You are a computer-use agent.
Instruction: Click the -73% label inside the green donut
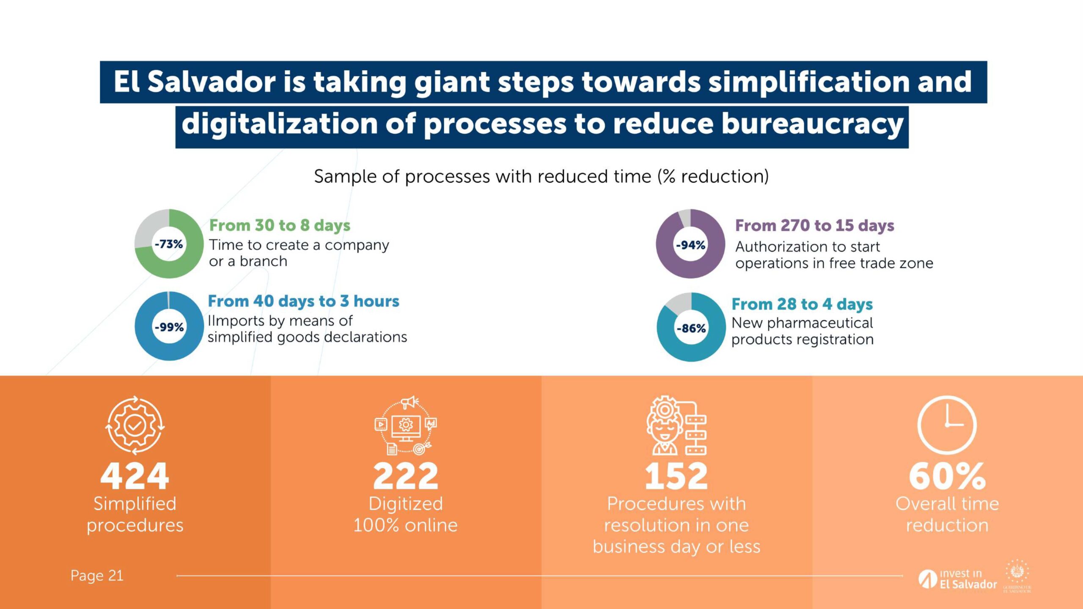pyautogui.click(x=169, y=244)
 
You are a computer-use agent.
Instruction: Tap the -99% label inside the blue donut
pyautogui.click(x=169, y=327)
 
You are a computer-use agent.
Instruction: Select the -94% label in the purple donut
pyautogui.click(x=690, y=245)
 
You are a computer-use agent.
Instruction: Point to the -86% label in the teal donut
pyautogui.click(x=691, y=328)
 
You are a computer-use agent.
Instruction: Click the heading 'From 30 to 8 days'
pyautogui.click(x=280, y=225)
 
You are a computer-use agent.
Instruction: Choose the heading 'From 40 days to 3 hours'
pyautogui.click(x=303, y=301)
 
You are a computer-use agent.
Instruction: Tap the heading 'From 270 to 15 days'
pyautogui.click(x=814, y=225)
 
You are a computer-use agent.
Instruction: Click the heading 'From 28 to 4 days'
pyautogui.click(x=802, y=304)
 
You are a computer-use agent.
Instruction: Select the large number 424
pyautogui.click(x=135, y=476)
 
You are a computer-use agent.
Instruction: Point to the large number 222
pyautogui.click(x=405, y=476)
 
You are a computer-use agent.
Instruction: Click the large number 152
pyautogui.click(x=676, y=476)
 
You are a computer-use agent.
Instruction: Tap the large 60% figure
pyautogui.click(x=947, y=476)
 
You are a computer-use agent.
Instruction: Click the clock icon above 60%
pyautogui.click(x=947, y=425)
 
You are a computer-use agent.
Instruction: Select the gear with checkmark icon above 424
pyautogui.click(x=135, y=425)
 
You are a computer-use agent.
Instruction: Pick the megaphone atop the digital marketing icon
pyautogui.click(x=409, y=402)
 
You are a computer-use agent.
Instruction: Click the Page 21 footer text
pyautogui.click(x=97, y=576)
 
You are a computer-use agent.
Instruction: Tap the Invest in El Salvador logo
pyautogui.click(x=958, y=579)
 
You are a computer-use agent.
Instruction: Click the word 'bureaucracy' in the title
pyautogui.click(x=812, y=124)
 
